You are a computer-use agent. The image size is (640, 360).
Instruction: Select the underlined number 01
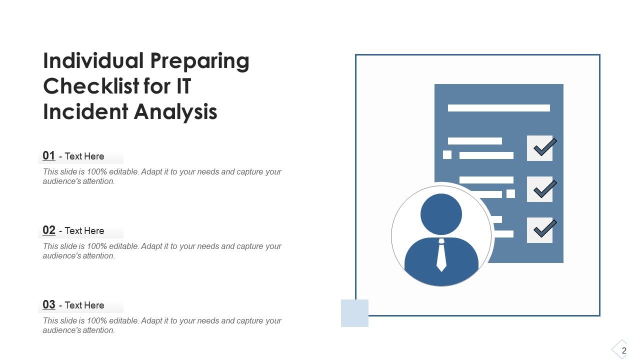point(49,155)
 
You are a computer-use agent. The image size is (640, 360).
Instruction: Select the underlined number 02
point(49,230)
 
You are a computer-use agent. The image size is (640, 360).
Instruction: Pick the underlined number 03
point(49,304)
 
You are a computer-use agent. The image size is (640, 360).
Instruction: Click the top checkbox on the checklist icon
point(540,148)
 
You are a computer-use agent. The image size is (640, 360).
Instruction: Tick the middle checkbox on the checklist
point(540,189)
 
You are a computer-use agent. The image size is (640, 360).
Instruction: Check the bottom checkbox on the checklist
point(540,230)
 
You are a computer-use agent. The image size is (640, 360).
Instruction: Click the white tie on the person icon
point(441,255)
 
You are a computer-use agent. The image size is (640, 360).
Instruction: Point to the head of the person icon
point(441,214)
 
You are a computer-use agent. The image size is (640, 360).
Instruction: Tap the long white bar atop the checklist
point(498,107)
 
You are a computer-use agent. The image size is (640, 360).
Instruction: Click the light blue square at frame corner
point(354,313)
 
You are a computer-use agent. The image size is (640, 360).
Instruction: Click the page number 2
point(624,351)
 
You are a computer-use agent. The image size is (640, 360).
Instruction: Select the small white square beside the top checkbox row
point(447,155)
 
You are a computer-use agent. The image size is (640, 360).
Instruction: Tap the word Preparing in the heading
point(199,61)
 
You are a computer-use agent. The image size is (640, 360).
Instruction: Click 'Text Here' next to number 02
point(84,230)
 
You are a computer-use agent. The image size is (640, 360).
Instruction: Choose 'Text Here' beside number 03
point(84,305)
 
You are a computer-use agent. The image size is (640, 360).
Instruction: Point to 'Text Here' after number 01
point(84,156)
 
